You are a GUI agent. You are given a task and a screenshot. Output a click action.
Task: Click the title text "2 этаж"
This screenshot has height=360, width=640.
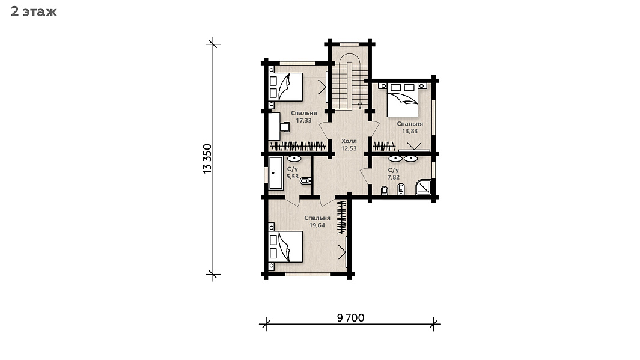click(x=34, y=12)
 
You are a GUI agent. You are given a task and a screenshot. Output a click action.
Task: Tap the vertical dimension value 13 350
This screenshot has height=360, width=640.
click(x=208, y=159)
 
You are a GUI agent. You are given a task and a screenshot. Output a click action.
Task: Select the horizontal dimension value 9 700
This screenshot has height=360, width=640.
click(x=350, y=317)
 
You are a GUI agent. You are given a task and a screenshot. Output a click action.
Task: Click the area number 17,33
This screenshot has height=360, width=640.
click(x=303, y=120)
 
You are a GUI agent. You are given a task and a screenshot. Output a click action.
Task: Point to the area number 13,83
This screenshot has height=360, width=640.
click(x=410, y=131)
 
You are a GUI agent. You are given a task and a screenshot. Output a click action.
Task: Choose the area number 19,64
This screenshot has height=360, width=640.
click(x=317, y=225)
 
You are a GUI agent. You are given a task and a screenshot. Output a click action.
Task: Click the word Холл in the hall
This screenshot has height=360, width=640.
click(x=349, y=141)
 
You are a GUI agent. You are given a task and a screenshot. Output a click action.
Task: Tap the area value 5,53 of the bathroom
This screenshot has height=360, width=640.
click(x=293, y=177)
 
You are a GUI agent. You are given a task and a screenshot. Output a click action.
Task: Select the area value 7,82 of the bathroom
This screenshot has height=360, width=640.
click(x=394, y=177)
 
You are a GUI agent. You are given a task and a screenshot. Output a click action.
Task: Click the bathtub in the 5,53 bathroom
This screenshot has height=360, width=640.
click(x=276, y=173)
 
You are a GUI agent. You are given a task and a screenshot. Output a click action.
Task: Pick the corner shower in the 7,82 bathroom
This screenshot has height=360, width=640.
click(x=423, y=188)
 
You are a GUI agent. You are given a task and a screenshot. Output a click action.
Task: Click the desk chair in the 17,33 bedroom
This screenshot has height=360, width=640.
click(x=285, y=127)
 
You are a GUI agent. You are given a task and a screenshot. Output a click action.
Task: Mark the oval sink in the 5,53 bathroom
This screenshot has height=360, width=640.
click(x=294, y=159)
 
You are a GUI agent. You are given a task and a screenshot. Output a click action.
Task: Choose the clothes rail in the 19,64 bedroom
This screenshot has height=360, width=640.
click(x=341, y=217)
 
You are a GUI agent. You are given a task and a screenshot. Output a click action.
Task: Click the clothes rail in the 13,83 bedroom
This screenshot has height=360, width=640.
click(x=384, y=146)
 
